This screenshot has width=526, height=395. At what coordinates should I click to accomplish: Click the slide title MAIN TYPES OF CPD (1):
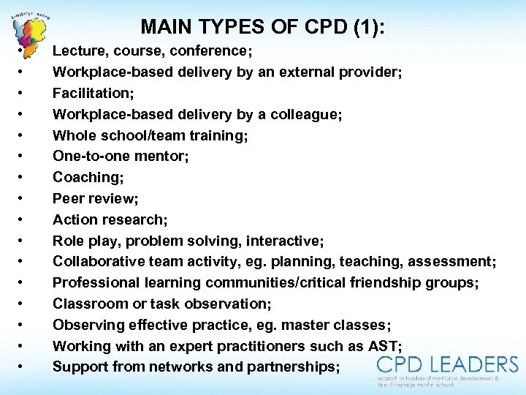[x=263, y=27]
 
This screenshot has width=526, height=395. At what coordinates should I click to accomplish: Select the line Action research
[x=110, y=220]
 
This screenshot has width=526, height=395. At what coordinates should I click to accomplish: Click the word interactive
[x=285, y=241]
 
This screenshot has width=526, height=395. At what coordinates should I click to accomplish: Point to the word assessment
[x=451, y=262]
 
